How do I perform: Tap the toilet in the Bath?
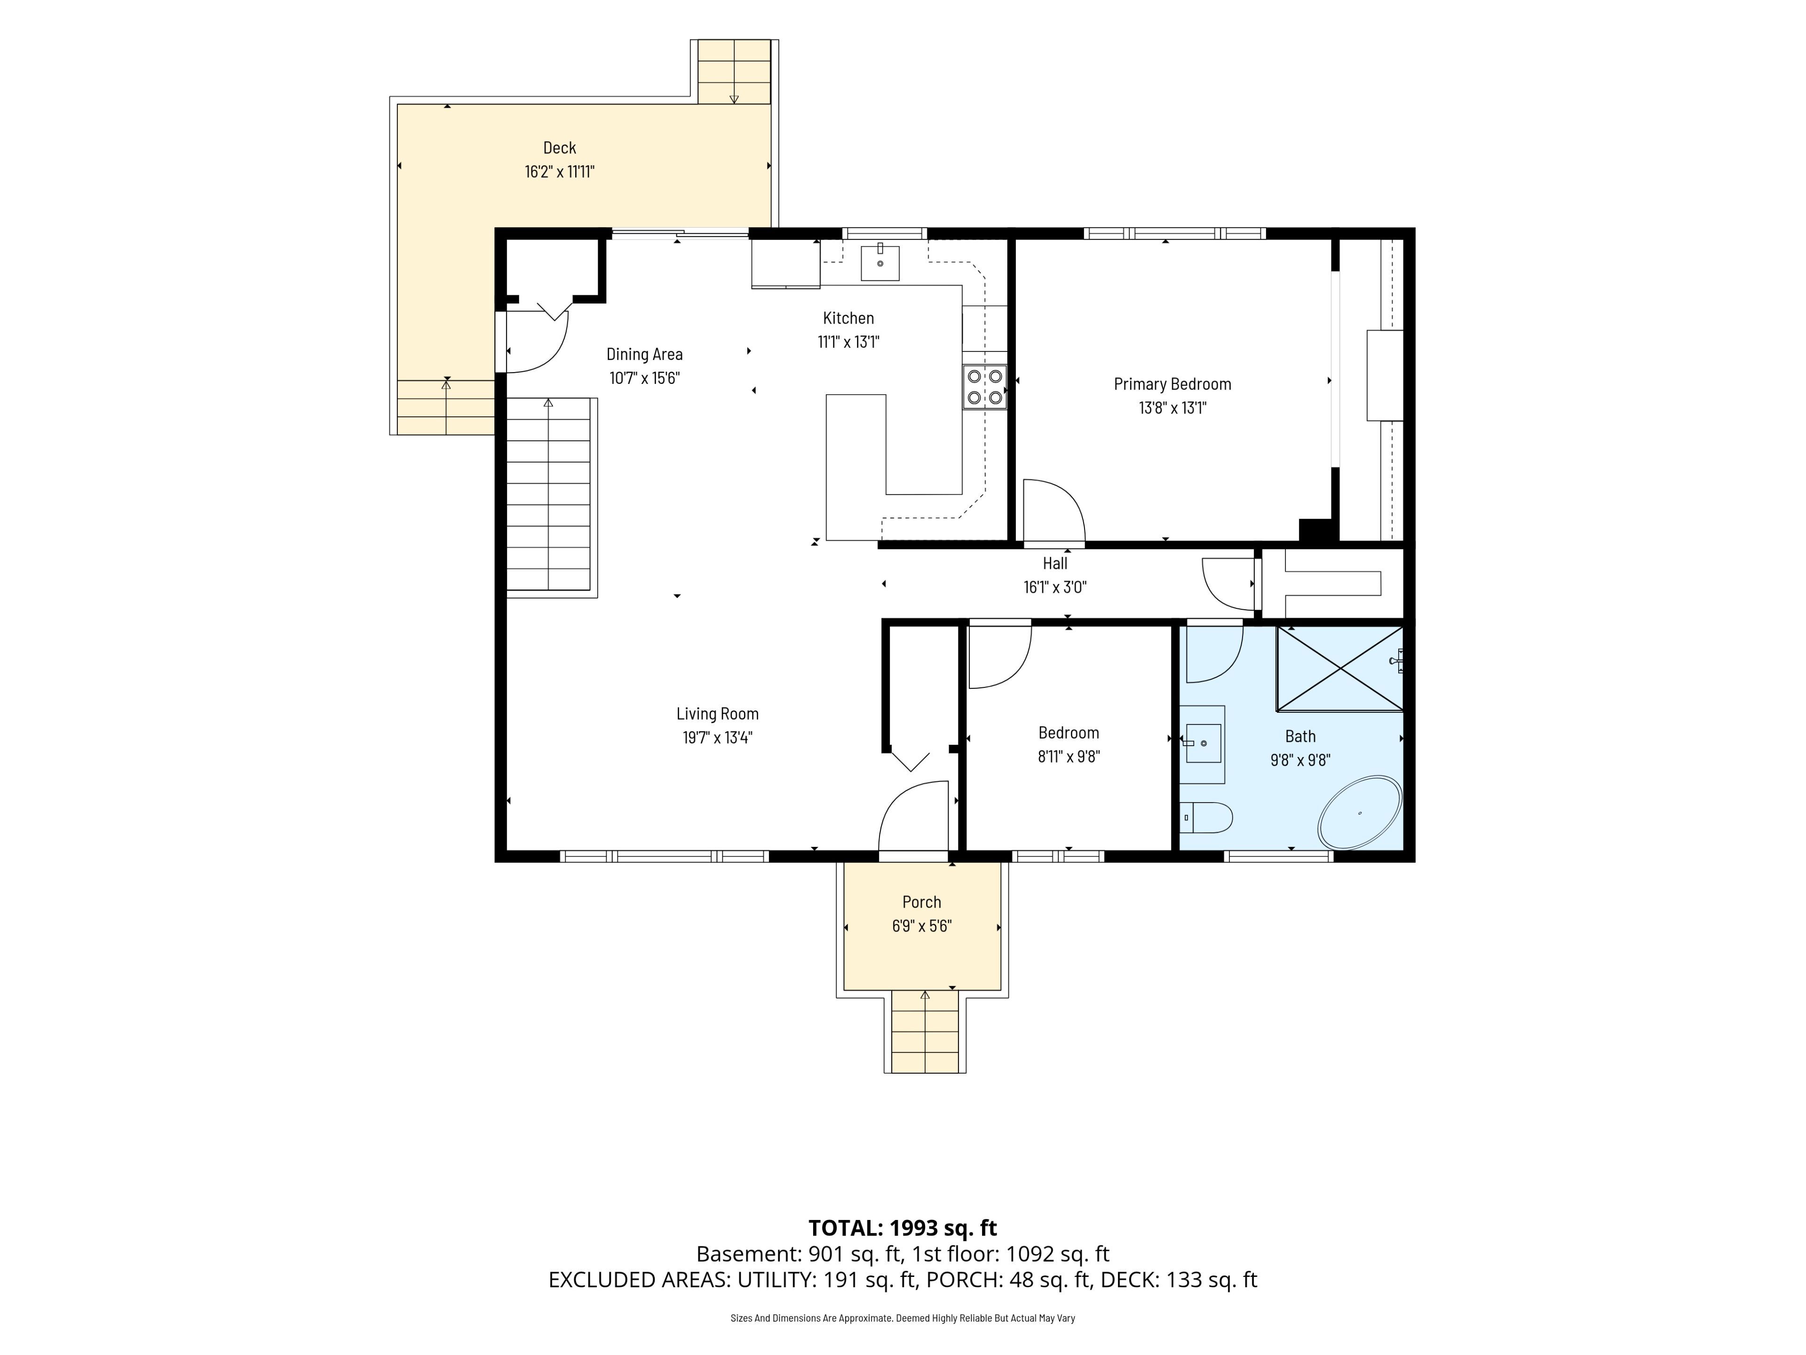(1206, 818)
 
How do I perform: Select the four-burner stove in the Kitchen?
(985, 387)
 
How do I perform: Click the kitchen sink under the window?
(880, 263)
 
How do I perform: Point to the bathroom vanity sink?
(1203, 743)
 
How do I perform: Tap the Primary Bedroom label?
(1172, 384)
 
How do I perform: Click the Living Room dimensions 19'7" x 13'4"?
(718, 738)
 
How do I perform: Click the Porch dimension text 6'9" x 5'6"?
(922, 926)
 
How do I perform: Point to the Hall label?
(1055, 563)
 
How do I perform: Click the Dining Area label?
(644, 354)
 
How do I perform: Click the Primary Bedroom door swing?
(1054, 511)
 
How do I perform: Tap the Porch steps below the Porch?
(925, 1032)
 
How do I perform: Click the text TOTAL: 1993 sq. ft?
(903, 1227)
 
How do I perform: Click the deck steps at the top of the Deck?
(734, 72)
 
